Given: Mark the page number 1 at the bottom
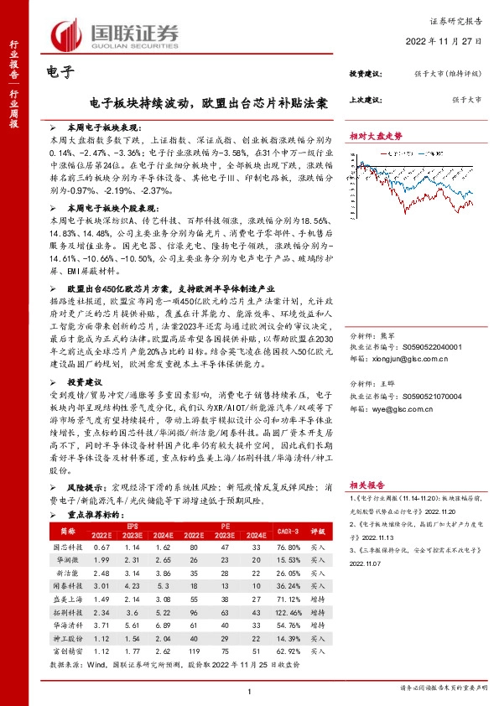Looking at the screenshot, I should pyautogui.click(x=249, y=689).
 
